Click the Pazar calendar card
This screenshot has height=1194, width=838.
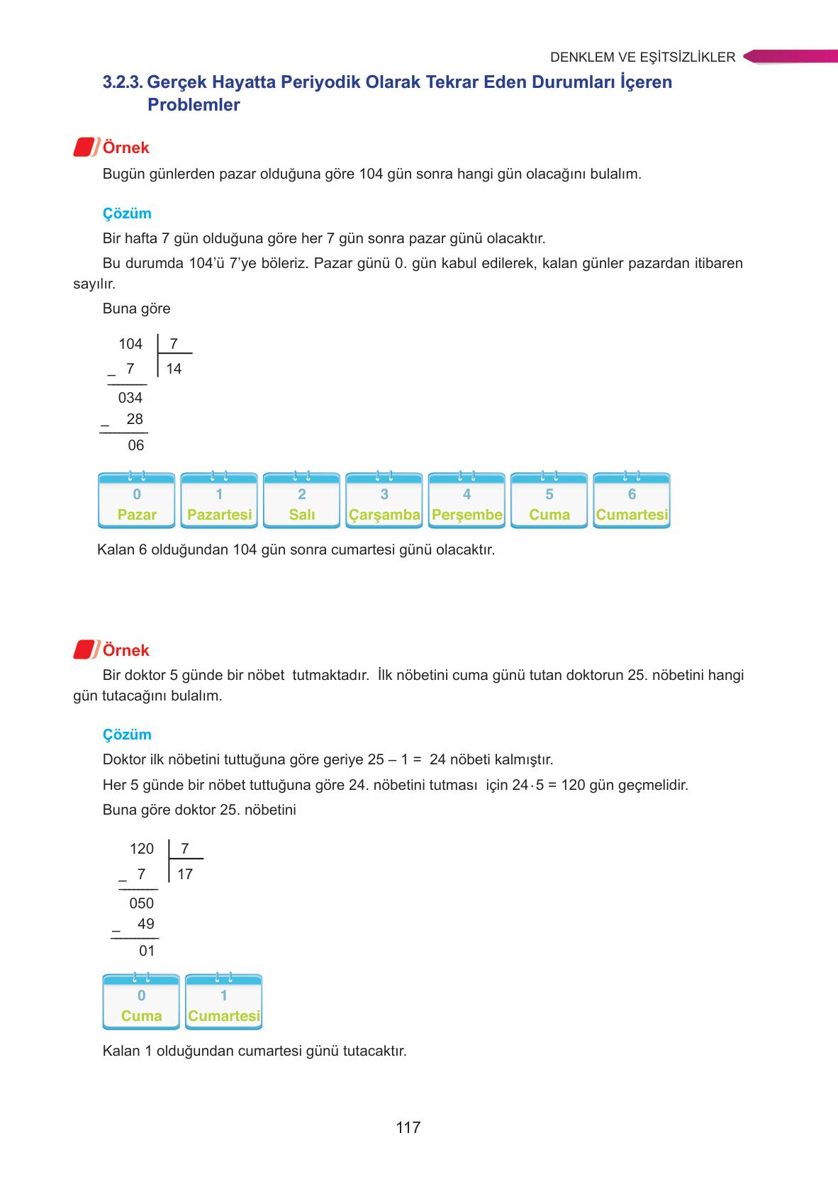click(137, 501)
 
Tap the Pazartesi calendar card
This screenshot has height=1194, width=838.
click(219, 501)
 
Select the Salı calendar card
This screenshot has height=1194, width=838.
click(302, 501)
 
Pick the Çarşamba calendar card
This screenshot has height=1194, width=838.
click(384, 501)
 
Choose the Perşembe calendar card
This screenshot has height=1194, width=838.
click(467, 501)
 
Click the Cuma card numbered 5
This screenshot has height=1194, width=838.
click(549, 501)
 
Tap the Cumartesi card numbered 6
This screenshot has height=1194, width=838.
click(632, 501)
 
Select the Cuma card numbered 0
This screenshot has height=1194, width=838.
click(141, 1003)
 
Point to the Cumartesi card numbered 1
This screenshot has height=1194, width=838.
click(224, 1003)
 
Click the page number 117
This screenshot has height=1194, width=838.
click(408, 1127)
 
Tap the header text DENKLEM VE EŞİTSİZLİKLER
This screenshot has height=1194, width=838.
click(642, 57)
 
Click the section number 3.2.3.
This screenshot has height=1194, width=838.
click(123, 82)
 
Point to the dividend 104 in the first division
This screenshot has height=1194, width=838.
click(130, 344)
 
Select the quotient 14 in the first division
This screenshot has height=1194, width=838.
click(174, 369)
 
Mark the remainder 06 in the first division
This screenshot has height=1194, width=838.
click(135, 445)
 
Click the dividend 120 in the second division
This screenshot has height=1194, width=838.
click(142, 849)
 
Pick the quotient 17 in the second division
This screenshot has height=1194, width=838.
click(185, 874)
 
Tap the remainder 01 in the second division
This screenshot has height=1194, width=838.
click(147, 951)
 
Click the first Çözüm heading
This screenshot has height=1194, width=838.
click(127, 213)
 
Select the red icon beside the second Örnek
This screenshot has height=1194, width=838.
click(85, 649)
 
